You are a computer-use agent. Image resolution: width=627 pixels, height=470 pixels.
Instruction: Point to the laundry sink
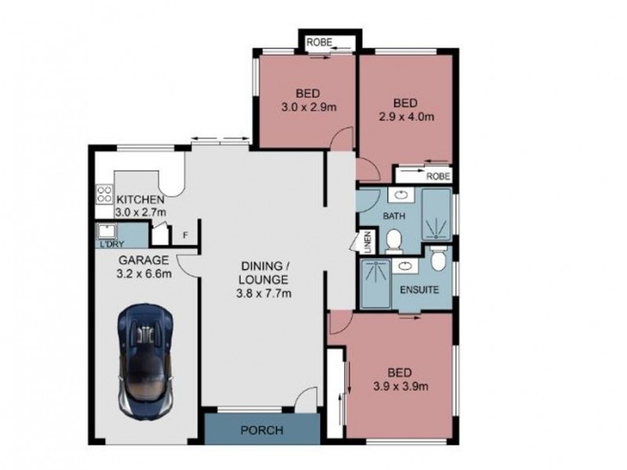pos(104,231)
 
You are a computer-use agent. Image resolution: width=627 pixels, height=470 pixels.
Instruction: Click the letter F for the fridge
pos(185,234)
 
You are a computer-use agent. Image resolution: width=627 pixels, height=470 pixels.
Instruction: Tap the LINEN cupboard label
pos(364,240)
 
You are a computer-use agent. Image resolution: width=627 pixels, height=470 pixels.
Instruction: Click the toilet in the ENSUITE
pos(440,257)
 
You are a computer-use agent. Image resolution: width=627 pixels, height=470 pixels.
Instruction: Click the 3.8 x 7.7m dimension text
pos(265,295)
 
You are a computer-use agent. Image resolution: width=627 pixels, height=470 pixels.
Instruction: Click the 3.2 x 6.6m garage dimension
pos(146,274)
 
